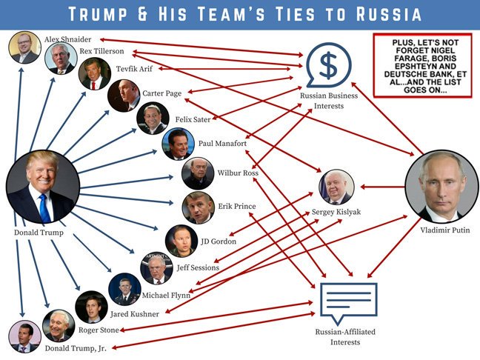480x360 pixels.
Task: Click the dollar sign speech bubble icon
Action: click(329, 65)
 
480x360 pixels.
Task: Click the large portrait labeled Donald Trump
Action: click(43, 186)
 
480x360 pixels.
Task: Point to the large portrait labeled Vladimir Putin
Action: click(441, 186)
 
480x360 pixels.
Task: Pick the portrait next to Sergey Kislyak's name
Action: click(336, 188)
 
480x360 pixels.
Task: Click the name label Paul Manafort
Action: click(223, 143)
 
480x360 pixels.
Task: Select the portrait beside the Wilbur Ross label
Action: click(198, 173)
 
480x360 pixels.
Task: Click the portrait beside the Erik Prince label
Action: click(198, 207)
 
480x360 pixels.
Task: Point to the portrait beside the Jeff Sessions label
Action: click(156, 267)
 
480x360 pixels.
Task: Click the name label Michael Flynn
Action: click(165, 295)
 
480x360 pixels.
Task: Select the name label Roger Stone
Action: click(99, 330)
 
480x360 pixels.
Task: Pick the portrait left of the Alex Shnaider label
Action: click(24, 47)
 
